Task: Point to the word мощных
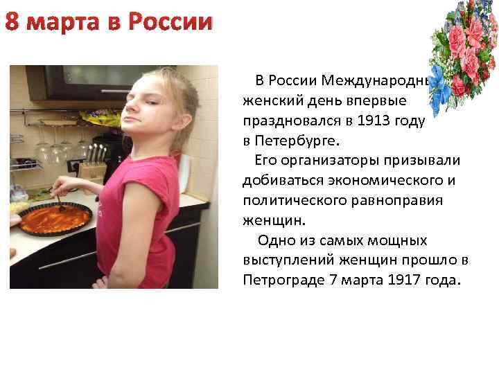point(410,241)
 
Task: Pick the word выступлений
point(288,261)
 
